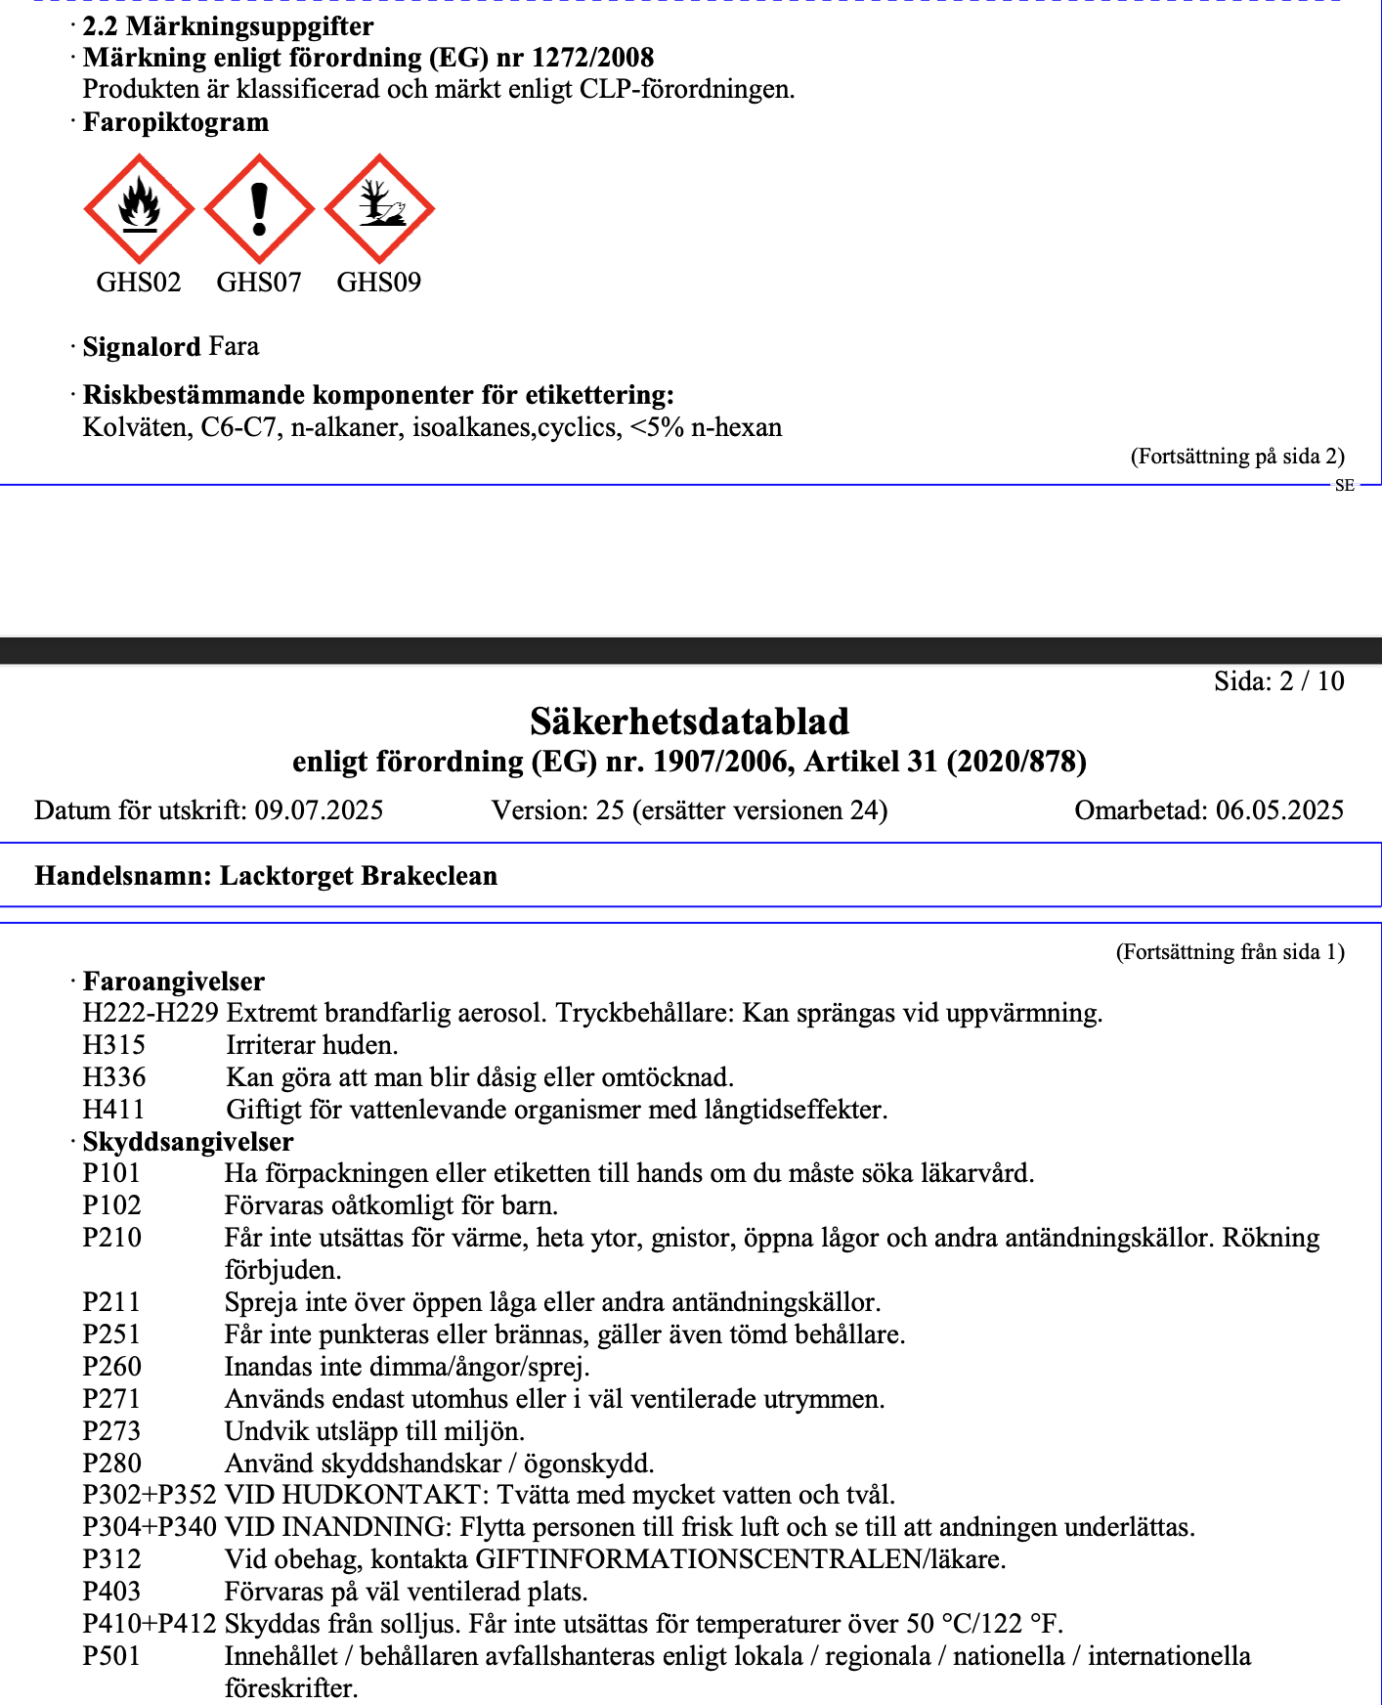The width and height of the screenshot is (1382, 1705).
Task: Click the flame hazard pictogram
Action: click(140, 208)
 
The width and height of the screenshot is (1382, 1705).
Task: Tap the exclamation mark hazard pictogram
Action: click(259, 208)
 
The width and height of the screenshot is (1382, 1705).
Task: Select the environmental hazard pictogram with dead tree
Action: click(379, 208)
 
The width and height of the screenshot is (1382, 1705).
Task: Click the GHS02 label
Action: click(139, 283)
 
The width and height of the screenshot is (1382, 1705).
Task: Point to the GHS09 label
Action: click(379, 283)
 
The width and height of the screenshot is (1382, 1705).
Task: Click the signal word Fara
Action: click(234, 347)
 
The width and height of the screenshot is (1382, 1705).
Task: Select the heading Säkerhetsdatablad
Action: click(689, 721)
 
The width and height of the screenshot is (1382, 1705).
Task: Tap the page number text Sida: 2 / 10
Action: click(1278, 681)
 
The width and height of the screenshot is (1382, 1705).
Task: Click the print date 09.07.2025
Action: click(319, 810)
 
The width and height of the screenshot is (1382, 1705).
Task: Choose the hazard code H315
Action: click(114, 1045)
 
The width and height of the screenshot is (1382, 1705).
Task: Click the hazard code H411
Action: click(114, 1110)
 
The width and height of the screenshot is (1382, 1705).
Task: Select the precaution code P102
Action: click(112, 1205)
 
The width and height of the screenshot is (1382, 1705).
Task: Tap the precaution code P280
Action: click(112, 1464)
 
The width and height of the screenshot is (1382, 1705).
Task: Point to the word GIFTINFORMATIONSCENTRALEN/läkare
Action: click(740, 1559)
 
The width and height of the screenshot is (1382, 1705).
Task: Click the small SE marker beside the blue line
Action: click(1345, 486)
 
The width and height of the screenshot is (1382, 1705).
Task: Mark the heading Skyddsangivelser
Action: click(188, 1142)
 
